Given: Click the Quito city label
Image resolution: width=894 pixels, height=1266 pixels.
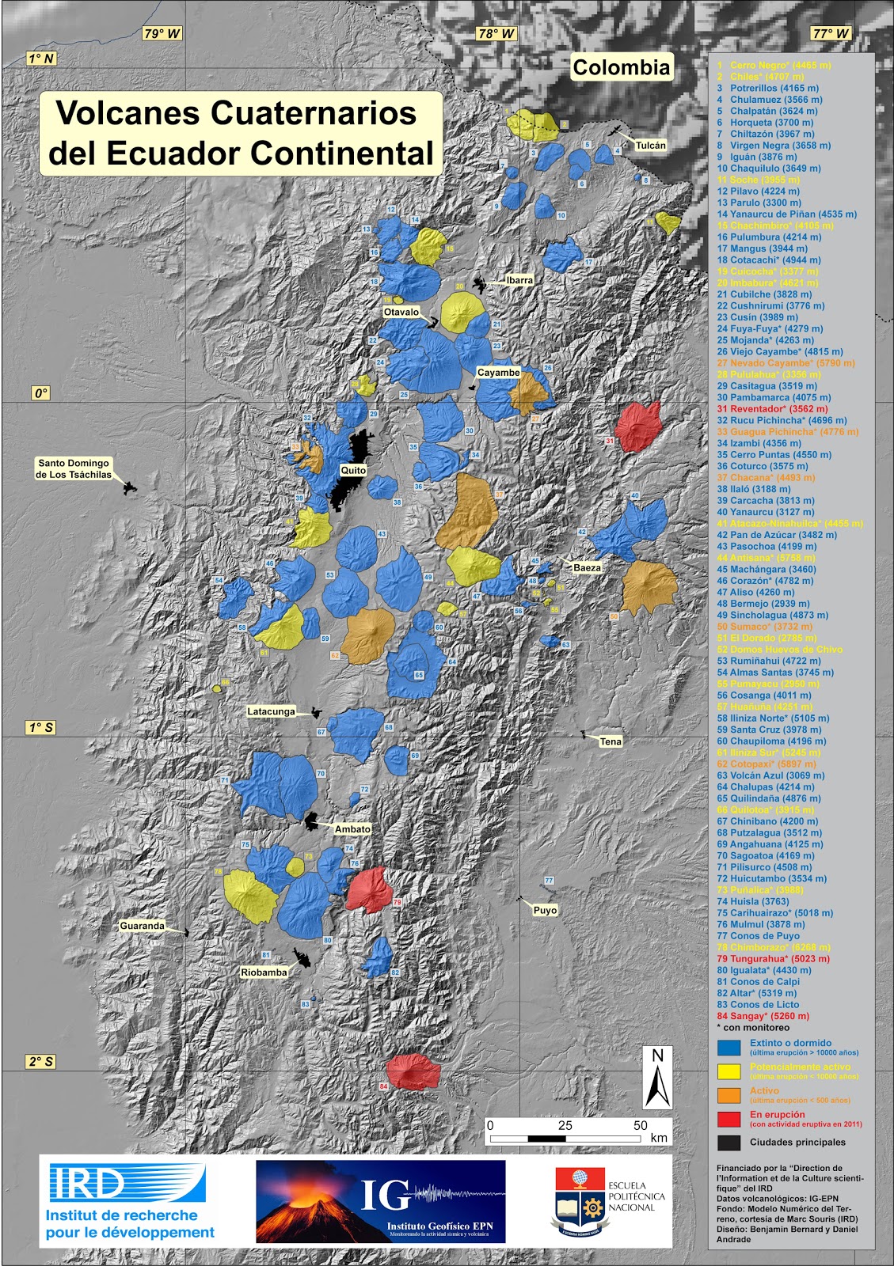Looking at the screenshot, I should pos(353,470).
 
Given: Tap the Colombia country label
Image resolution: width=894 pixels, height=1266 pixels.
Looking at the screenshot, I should pos(622,68).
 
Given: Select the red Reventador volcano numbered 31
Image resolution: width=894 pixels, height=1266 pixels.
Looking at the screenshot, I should pos(638,426).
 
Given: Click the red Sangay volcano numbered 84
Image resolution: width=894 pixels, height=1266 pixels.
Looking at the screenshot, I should pos(413,1071).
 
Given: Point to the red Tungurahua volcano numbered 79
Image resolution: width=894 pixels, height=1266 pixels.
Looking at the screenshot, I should pos(369,889).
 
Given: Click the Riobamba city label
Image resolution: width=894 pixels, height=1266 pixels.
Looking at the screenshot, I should pos(264,972).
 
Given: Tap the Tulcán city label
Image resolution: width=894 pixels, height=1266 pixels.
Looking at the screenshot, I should pos(651,146).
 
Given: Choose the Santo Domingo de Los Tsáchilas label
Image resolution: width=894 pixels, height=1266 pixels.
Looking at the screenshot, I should pos(74,469).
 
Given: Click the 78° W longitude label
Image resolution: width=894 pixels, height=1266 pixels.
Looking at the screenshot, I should pos(496,34).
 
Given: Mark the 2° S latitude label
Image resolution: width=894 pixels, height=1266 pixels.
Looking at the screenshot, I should pos(41,1062).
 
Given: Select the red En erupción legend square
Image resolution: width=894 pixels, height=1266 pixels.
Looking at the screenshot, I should pos(729,1119).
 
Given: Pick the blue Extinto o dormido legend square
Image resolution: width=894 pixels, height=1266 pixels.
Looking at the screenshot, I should pos(729,1048).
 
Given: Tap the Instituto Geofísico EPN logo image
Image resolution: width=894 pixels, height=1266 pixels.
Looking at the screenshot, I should pos(380,1201).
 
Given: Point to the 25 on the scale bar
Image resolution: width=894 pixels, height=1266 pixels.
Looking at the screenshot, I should pos(565,1125).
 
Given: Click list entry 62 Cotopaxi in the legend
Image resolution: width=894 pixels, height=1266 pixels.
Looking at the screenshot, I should pos(766,764).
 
